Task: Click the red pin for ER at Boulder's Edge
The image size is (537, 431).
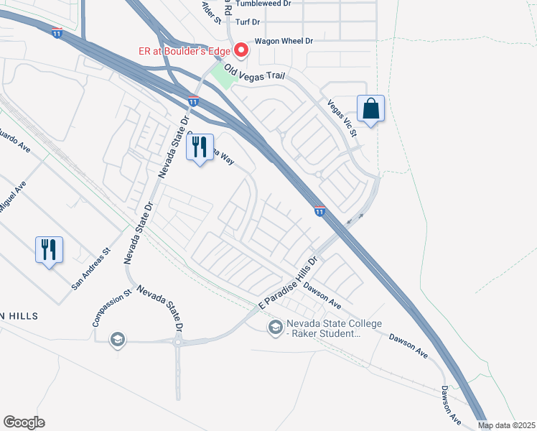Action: pos(241,50)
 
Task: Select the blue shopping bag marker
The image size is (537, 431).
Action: pos(370,109)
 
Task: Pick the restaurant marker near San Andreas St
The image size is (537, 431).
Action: pos(49,250)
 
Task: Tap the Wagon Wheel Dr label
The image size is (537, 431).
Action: pos(281,41)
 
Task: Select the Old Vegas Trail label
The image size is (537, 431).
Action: pos(254,72)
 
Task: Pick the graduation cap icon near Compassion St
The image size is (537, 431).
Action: pos(117,339)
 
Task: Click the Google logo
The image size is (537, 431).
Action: pos(24,422)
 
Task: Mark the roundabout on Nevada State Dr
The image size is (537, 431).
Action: pos(177,342)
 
